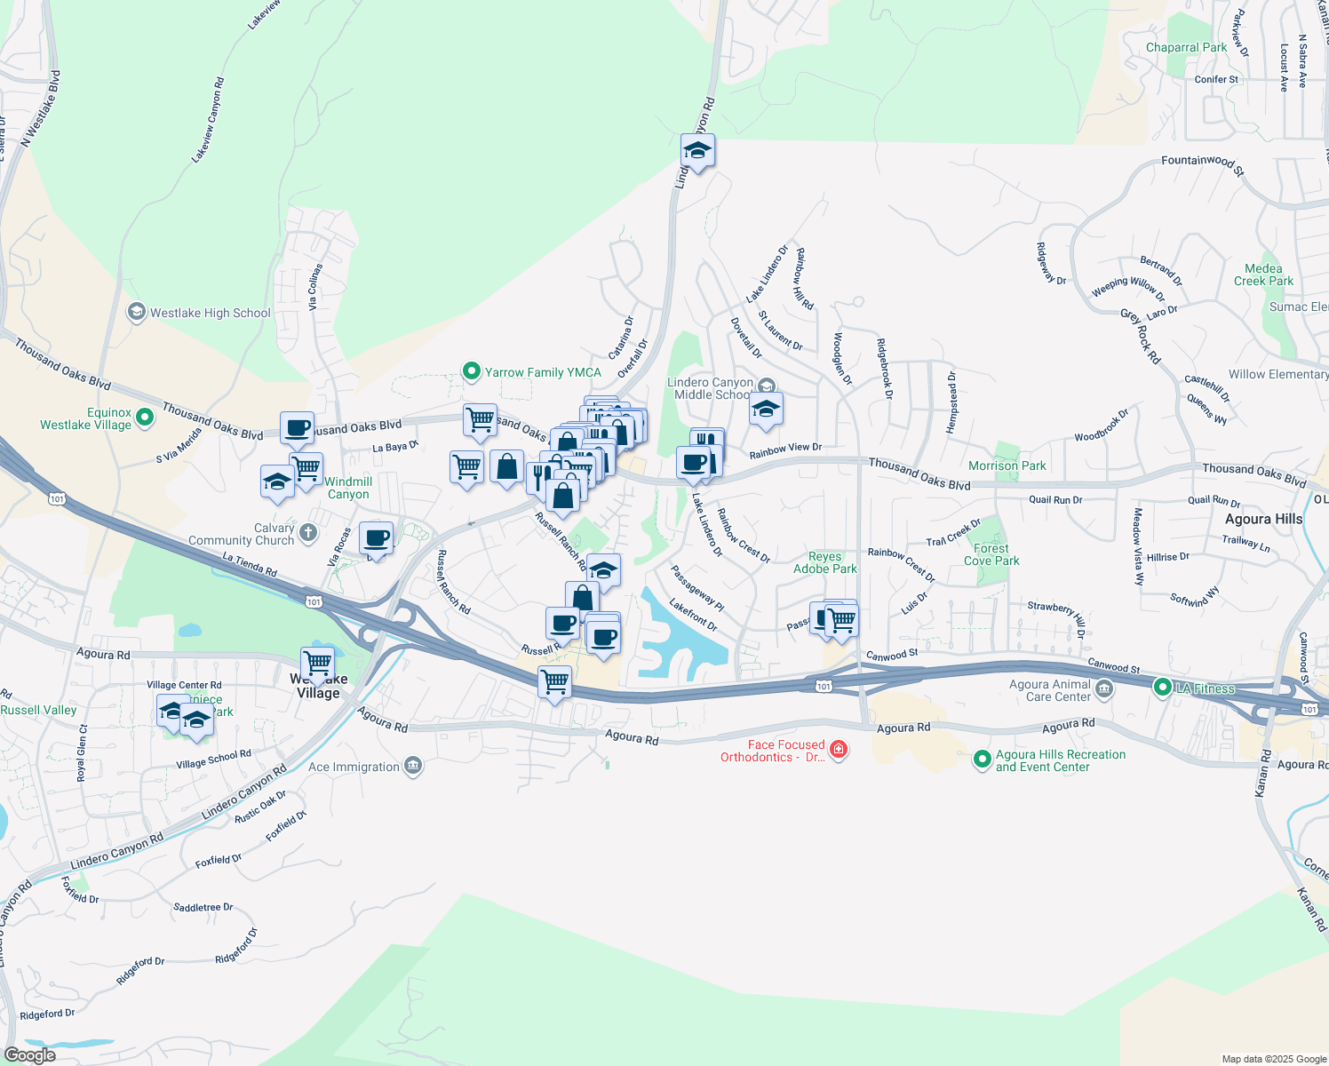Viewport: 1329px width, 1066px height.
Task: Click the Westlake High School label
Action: coord(210,313)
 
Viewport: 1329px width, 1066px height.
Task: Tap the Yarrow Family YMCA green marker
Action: coord(472,371)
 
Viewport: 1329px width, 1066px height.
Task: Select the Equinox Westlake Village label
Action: coord(85,418)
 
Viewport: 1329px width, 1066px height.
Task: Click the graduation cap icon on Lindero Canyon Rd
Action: coord(697,151)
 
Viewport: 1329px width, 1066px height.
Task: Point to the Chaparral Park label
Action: coord(1186,47)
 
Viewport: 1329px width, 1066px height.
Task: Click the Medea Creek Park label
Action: coord(1263,274)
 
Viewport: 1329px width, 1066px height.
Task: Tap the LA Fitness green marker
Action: coord(1162,687)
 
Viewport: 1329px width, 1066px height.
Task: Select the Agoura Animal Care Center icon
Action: coord(1104,688)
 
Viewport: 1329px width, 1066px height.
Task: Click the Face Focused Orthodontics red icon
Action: coord(839,751)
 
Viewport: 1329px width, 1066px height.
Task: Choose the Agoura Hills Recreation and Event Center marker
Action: coord(982,759)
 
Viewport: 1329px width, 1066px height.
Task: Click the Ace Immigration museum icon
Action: coord(412,766)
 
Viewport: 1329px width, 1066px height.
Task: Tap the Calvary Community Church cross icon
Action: coord(308,533)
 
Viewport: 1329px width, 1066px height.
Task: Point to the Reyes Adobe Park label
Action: coord(825,562)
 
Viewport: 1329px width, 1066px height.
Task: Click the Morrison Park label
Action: coord(1007,465)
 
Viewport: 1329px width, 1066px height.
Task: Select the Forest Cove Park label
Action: coord(991,554)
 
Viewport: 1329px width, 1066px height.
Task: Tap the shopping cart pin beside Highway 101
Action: coord(554,683)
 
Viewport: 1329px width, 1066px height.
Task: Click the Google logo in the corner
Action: coord(29,1054)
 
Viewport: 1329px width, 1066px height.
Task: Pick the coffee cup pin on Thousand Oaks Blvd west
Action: coord(298,428)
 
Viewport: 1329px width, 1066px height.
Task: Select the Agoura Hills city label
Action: coord(1263,519)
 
